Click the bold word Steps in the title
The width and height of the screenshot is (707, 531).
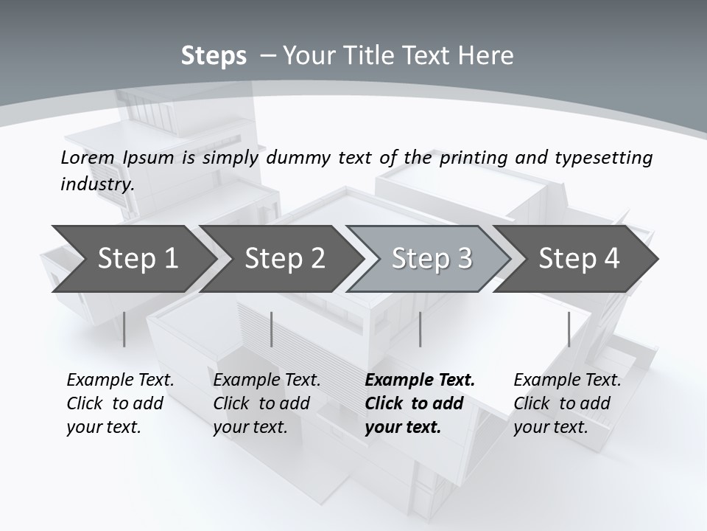[x=214, y=56]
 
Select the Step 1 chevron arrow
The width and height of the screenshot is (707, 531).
[x=138, y=258]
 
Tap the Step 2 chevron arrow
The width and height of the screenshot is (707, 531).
[x=284, y=258]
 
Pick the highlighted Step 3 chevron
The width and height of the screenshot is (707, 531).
[x=432, y=258]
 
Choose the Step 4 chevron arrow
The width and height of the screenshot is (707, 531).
[x=579, y=258]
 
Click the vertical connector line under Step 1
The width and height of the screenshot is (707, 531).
[x=124, y=329]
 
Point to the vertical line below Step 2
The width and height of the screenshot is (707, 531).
[x=272, y=329]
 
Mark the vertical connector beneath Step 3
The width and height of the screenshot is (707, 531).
[x=420, y=329]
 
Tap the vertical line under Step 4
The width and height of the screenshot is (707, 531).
[x=569, y=329]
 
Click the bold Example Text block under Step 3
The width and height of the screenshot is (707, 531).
[x=420, y=403]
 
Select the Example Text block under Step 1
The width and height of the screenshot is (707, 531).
[x=120, y=403]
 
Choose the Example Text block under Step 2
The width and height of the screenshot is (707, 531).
[x=267, y=403]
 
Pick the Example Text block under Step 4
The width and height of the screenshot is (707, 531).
[x=567, y=403]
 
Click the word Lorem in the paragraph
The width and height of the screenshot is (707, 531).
[x=87, y=157]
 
